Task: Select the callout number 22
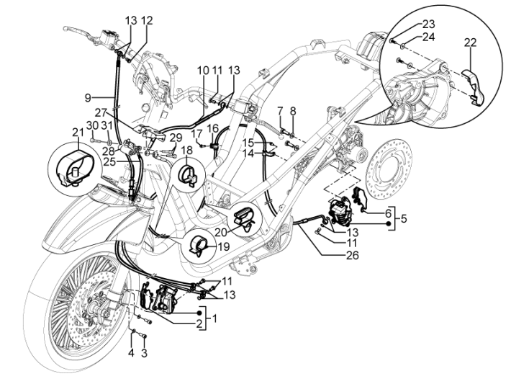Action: [471, 43]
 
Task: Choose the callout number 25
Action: [109, 162]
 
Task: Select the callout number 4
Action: [131, 353]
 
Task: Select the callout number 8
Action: [293, 111]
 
